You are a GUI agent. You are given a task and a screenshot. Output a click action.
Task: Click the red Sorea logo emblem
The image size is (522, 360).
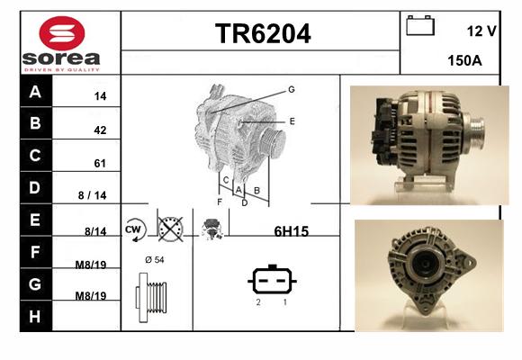62,33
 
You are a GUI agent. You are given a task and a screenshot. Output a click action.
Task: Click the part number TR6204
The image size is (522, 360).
263,33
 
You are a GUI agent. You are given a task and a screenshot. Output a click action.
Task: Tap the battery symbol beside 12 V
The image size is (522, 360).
420,25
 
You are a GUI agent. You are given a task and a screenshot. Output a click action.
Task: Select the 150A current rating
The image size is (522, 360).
464,60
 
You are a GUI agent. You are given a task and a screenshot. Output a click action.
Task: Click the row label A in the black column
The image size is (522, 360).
35,92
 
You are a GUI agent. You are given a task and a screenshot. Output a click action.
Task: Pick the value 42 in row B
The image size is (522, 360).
100,130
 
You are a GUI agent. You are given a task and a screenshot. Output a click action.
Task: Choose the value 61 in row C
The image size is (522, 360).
100,164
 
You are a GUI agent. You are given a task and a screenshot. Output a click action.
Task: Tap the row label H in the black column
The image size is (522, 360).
34,317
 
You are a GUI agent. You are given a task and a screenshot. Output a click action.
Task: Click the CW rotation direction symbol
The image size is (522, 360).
135,229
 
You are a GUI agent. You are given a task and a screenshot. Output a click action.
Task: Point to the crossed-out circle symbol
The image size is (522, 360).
170,229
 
